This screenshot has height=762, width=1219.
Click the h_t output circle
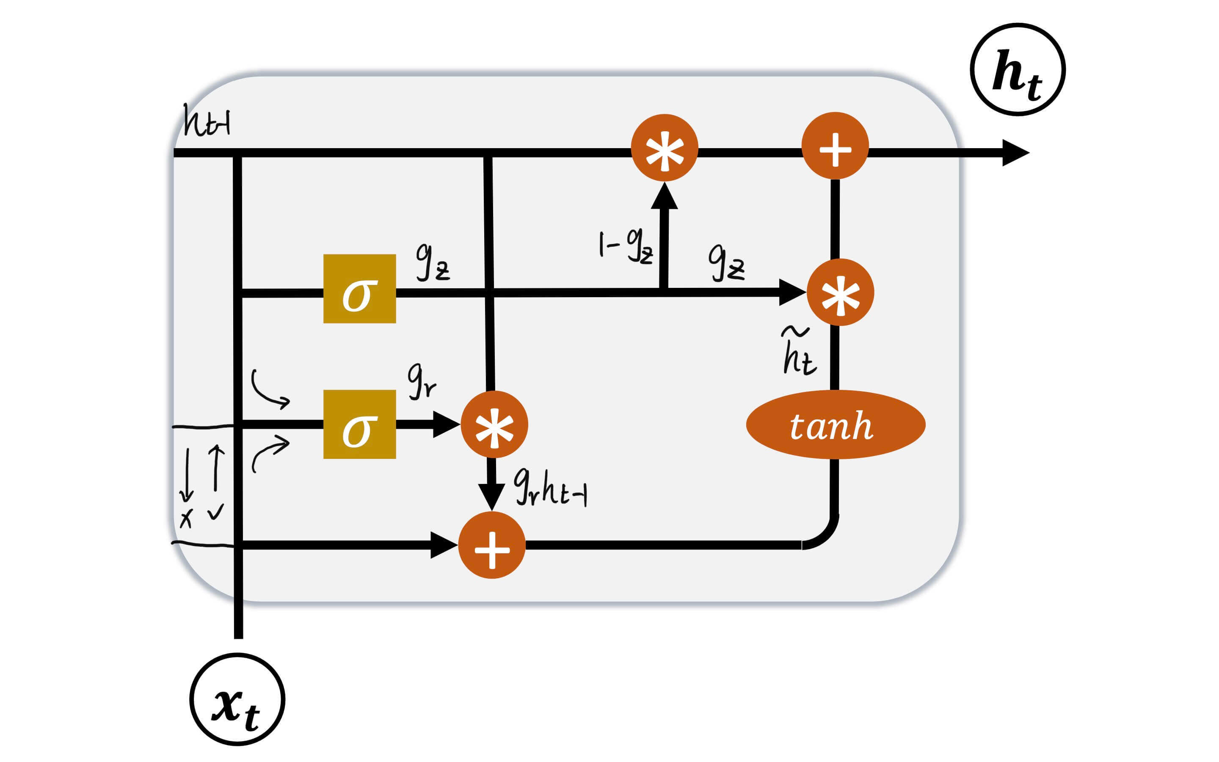(1017, 69)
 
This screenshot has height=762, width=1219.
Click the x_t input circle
(237, 699)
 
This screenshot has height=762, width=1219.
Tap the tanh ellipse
(835, 424)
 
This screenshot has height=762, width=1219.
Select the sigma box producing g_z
(359, 288)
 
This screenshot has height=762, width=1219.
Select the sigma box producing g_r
(359, 424)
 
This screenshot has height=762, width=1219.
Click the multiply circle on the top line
(664, 148)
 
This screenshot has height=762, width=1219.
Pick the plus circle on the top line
(835, 146)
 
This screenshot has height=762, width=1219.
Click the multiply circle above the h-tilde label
(840, 292)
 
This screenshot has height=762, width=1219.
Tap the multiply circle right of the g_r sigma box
(494, 424)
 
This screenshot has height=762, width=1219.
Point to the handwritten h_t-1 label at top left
(207, 121)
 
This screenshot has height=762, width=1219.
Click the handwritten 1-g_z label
(625, 246)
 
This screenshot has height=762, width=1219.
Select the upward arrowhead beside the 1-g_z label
(664, 196)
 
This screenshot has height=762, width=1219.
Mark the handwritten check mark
(215, 511)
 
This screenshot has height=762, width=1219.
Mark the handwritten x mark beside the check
(186, 518)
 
